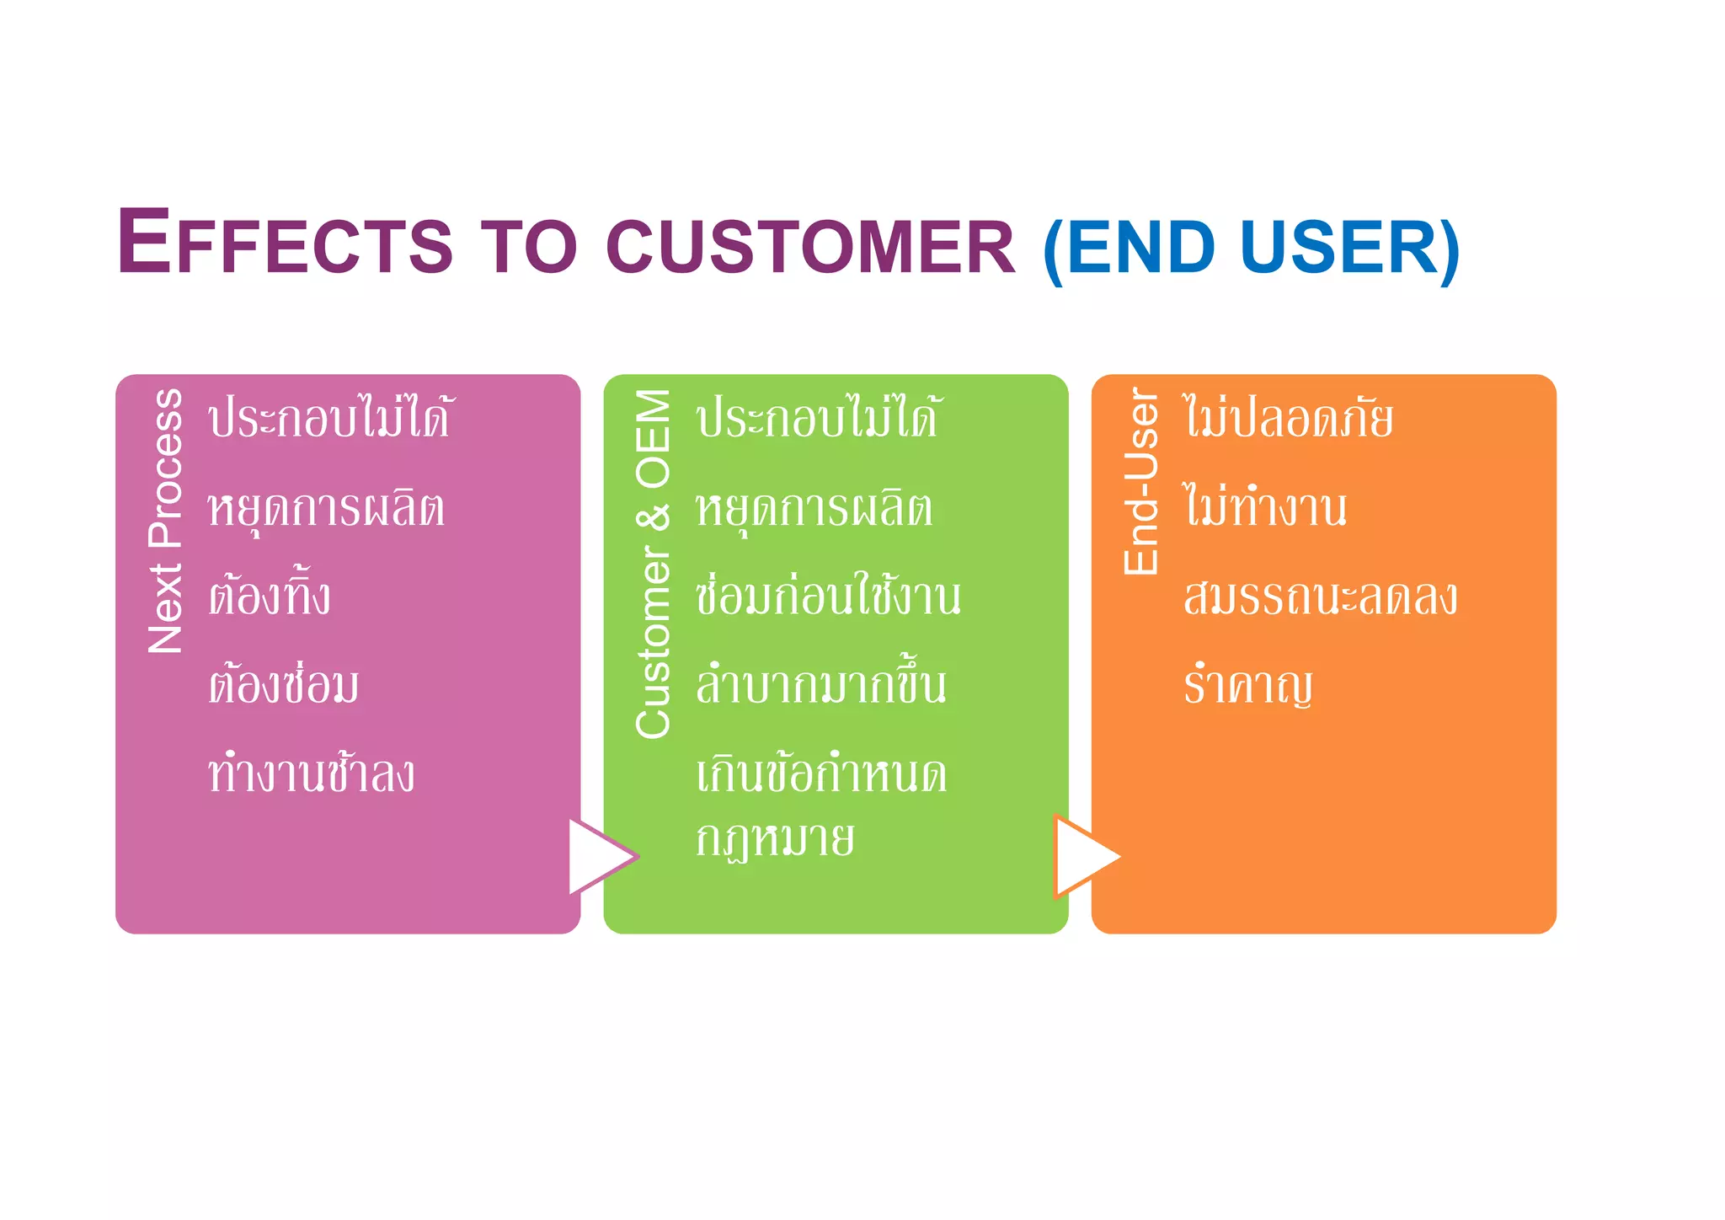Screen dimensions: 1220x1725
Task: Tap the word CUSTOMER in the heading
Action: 810,246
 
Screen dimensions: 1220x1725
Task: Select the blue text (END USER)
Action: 1251,248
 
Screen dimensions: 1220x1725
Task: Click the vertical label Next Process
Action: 165,521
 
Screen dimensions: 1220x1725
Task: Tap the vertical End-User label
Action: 1142,482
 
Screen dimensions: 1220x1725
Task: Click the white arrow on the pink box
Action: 598,856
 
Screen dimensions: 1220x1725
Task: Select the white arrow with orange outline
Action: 1083,856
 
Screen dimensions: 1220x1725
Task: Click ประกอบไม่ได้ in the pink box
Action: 330,418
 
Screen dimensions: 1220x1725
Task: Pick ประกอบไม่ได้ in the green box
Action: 817,418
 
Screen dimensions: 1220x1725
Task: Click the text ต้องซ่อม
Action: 283,684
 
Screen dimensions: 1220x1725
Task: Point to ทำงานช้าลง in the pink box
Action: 312,773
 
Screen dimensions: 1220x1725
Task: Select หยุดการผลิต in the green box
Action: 814,509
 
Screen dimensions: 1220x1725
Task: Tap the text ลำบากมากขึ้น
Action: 820,684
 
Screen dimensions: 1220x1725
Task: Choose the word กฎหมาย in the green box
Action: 775,839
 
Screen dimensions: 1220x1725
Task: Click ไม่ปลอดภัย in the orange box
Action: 1289,418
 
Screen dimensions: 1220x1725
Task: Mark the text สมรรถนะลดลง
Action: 1319,597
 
